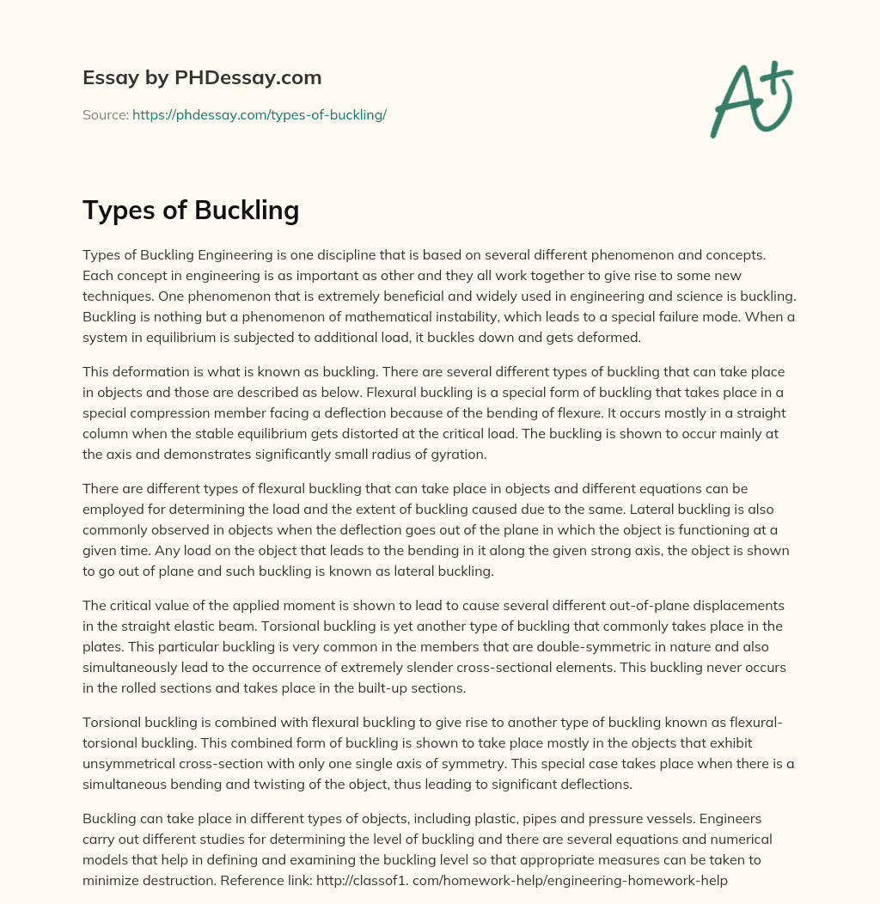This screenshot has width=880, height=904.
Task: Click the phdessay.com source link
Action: point(259,114)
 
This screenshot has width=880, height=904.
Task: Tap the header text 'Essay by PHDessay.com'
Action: point(202,78)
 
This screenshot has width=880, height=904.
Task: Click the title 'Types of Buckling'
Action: point(191,210)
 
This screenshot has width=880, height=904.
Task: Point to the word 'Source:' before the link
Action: point(105,114)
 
